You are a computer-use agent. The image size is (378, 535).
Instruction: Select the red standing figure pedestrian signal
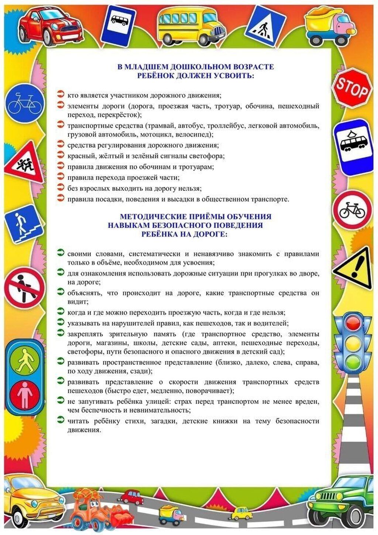[x=24, y=394]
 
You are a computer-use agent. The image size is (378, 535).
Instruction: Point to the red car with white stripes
[x=50, y=24]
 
